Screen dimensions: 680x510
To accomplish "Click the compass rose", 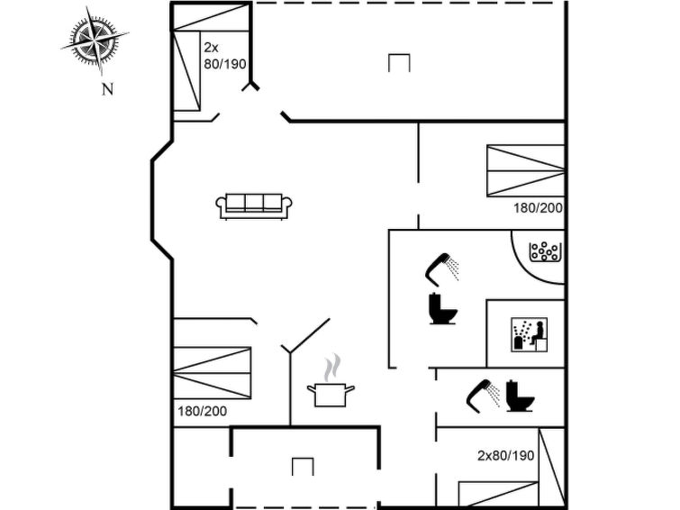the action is tap(95, 40).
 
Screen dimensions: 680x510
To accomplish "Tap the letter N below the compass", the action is tap(107, 89).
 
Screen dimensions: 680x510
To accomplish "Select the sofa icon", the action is tap(254, 206).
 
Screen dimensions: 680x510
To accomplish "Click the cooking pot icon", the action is tap(331, 394).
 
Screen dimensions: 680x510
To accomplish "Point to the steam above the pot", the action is tap(332, 368).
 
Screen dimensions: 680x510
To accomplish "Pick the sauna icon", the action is tap(529, 334).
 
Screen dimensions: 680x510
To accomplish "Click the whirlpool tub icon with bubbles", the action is tap(545, 252).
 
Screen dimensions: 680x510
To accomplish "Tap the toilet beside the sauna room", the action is tap(443, 308).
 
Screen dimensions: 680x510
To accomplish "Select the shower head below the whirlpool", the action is tap(442, 269).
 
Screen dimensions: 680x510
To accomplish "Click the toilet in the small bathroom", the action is tap(520, 396).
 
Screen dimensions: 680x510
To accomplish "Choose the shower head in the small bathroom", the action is tap(483, 396).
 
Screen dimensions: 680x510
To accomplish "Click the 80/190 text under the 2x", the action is tap(225, 64).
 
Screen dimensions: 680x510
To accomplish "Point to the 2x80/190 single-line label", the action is tap(505, 456).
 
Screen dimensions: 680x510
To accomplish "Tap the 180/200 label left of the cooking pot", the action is tap(202, 411).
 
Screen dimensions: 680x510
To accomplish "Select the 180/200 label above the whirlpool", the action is tap(539, 208).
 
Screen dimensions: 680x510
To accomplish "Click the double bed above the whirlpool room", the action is tap(526, 170).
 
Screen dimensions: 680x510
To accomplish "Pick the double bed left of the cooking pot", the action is tap(212, 373).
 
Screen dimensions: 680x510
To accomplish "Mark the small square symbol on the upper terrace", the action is tap(399, 63).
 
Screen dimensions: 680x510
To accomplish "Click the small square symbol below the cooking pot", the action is tap(303, 467).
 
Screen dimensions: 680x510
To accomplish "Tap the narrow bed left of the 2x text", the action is tap(186, 70).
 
